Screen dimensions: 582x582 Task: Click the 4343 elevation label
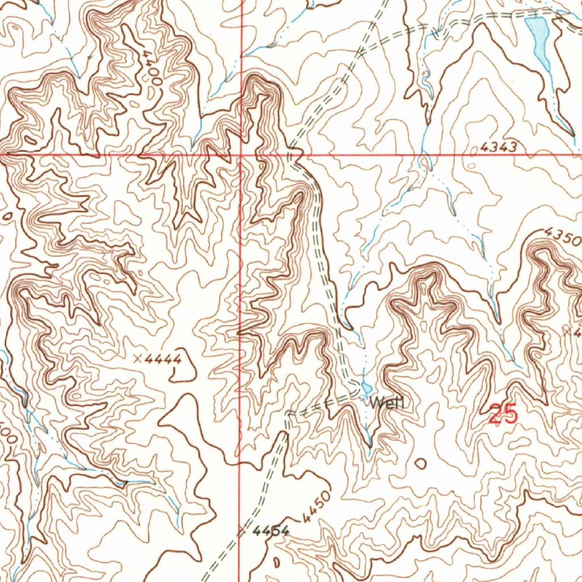point(498,148)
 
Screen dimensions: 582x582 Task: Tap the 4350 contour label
point(562,236)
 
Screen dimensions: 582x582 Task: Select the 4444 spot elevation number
point(163,359)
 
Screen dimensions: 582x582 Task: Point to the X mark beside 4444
point(137,359)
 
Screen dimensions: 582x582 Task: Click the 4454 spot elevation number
point(271,531)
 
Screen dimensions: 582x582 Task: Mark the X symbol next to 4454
point(243,531)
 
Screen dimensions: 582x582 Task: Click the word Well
point(387,403)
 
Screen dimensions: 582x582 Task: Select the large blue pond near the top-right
point(539,41)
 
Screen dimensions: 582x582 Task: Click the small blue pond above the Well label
point(365,389)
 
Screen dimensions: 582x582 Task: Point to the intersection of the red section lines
point(241,154)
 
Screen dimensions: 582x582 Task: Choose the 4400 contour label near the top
point(152,66)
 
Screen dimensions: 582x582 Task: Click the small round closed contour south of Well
point(421,463)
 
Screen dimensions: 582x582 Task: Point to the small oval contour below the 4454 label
point(277,562)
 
